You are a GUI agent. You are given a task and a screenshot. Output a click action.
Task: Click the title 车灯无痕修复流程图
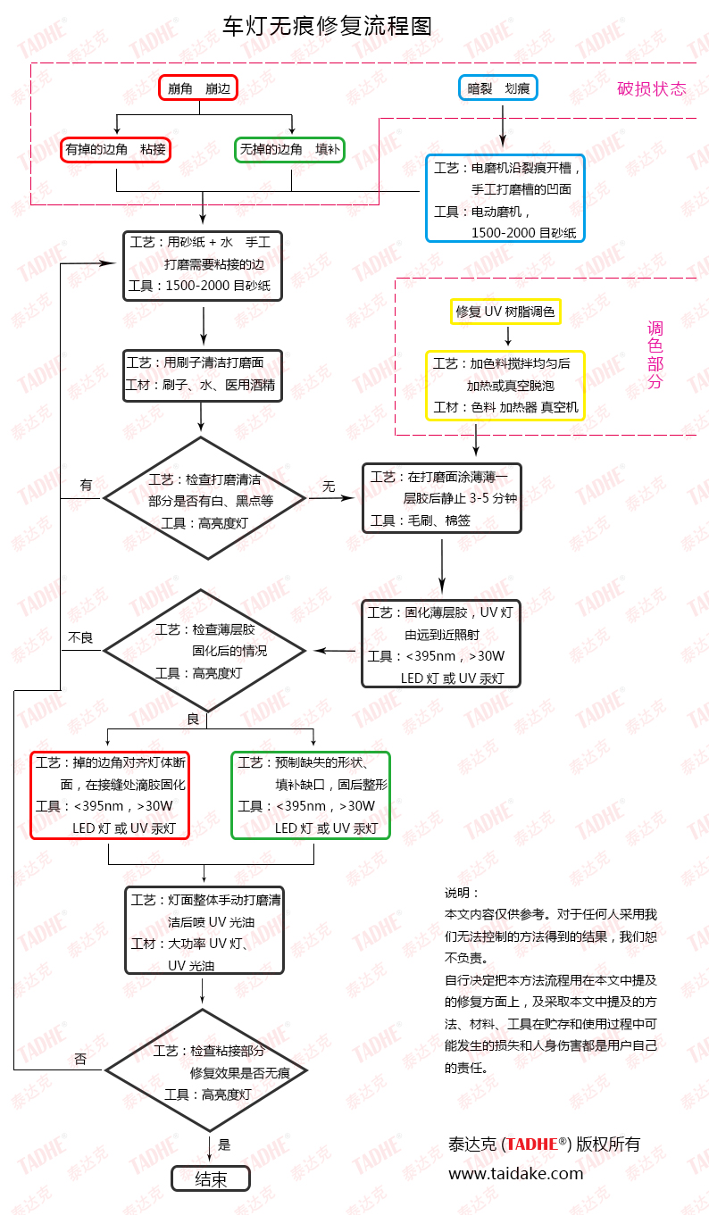tap(327, 27)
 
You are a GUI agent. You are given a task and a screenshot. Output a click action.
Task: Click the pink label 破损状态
tap(652, 89)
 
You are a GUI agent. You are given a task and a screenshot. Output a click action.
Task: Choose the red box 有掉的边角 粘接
tap(116, 149)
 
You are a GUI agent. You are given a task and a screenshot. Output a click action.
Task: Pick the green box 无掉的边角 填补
tap(289, 149)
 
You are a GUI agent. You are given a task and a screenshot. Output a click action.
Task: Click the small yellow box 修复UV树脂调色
tap(505, 312)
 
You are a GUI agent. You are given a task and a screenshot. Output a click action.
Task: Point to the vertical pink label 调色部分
tap(655, 355)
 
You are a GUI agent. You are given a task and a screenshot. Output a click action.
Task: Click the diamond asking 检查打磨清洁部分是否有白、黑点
tap(204, 498)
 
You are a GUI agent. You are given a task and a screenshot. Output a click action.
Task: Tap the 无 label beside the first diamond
tap(329, 487)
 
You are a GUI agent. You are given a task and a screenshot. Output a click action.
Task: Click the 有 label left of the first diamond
tap(86, 486)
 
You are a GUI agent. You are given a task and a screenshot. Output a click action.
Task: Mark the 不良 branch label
tap(80, 637)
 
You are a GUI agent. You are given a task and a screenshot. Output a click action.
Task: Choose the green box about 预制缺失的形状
tap(311, 795)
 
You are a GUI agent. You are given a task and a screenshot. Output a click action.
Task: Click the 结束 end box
tap(211, 1179)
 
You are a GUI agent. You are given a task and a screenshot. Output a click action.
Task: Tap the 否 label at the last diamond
tap(80, 1060)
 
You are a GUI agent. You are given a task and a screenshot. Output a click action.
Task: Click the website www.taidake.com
tap(515, 1174)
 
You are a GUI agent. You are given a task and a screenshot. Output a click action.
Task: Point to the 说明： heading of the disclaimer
tap(462, 893)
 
